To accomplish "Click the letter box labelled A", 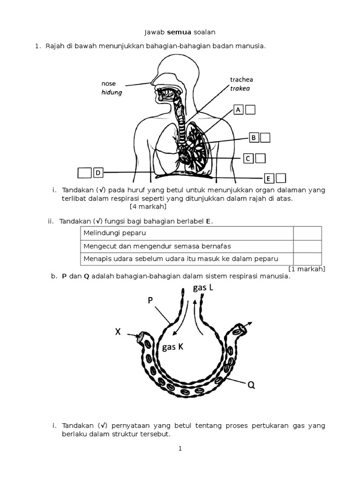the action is coord(238,110).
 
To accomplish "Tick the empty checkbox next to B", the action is coord(265,137).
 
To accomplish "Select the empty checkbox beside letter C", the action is coord(261,158).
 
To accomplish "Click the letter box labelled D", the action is coord(98,173).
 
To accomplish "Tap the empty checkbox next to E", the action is coord(281,178).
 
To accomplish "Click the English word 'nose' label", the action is coord(108,84).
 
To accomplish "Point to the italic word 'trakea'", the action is coord(240,88).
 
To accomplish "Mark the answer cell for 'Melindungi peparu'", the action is coord(307,233).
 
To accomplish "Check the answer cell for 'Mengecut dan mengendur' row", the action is coord(307,246).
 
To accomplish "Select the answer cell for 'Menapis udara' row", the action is coord(307,259).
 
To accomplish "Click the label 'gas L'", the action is coord(203,288).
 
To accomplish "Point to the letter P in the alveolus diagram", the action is coord(150,300).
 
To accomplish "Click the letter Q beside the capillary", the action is coord(251,385).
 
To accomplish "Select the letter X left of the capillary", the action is coord(118,332).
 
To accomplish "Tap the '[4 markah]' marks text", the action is coord(148,206).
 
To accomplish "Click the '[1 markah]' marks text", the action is coord(307,269).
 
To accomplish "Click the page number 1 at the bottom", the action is coord(180,449).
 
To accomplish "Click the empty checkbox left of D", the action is coord(84,173).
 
